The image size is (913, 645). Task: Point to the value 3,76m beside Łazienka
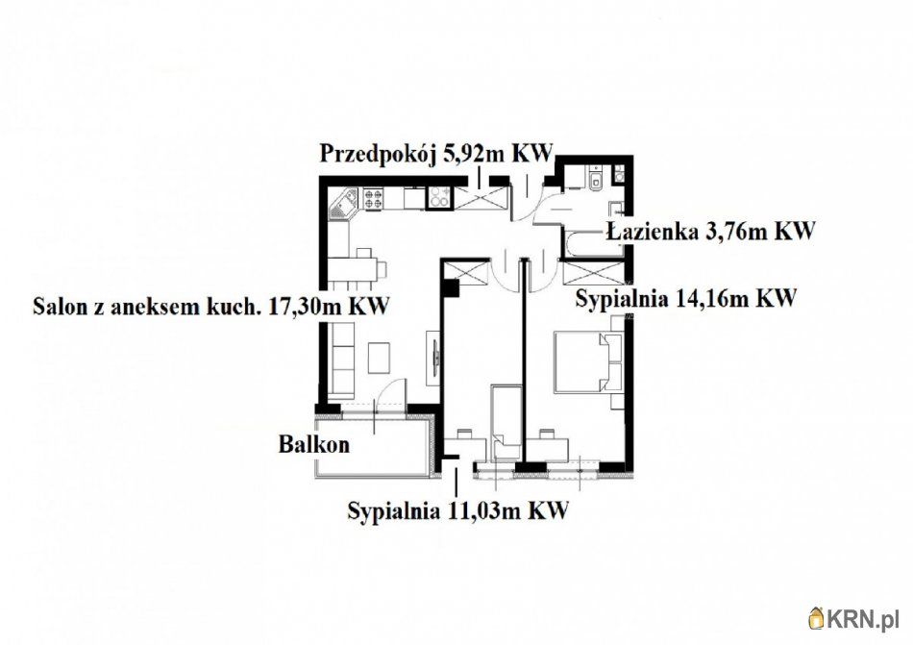pos(733,231)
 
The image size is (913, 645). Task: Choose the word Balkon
pos(313,445)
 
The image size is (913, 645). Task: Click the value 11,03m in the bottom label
pos(481,509)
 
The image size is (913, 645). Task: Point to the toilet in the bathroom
pos(596,182)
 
